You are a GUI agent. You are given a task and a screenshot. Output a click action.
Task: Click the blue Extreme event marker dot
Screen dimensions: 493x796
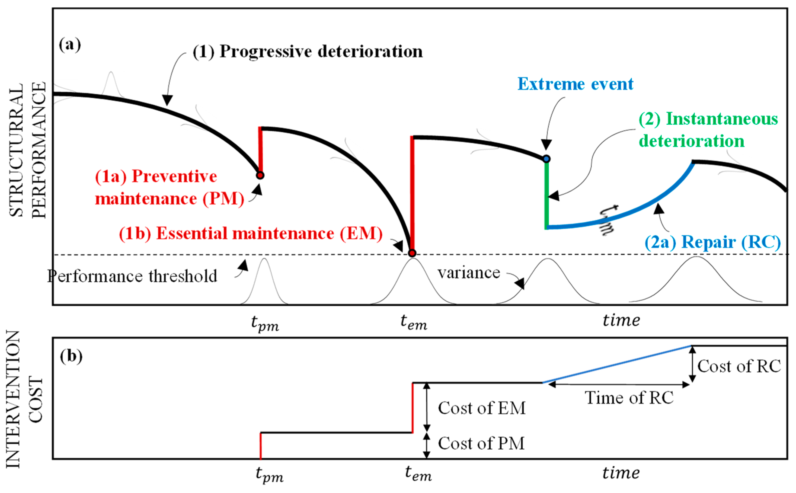[546, 159]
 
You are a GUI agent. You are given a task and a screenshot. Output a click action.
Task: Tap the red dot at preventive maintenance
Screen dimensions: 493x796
[260, 175]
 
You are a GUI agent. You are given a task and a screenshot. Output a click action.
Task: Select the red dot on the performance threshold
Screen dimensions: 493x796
[412, 253]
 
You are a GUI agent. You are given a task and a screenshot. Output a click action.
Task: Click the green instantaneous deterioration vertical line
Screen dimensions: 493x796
[546, 196]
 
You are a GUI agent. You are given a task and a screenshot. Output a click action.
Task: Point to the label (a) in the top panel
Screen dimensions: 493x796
[70, 44]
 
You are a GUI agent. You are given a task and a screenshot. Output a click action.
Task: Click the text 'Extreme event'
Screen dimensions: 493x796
[576, 84]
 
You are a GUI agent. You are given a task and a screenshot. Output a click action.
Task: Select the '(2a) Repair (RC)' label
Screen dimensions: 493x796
[713, 242]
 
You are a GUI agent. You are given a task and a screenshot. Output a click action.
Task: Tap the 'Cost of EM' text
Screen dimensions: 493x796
[482, 408]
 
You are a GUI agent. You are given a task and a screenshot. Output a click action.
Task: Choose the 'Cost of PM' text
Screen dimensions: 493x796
[481, 443]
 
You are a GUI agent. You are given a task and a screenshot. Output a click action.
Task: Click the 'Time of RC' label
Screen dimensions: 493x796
[629, 398]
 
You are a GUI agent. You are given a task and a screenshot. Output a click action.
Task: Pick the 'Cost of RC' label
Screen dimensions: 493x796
[739, 366]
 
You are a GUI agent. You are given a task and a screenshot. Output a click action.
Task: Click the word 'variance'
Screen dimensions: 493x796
[469, 273]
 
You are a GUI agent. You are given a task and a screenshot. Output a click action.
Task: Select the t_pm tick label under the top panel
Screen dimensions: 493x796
[265, 323]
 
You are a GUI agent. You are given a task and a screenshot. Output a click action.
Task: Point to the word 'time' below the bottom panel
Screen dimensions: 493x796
[621, 473]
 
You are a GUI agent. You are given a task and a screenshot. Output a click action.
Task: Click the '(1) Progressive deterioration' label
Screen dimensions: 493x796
[308, 52]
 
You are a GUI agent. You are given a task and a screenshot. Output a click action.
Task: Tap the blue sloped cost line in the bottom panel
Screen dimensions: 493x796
[616, 364]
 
